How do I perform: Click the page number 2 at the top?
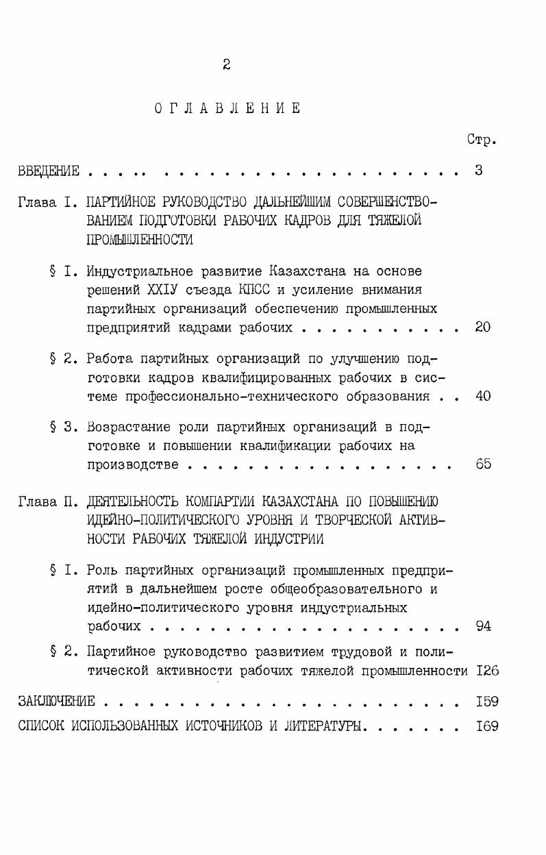pyautogui.click(x=226, y=65)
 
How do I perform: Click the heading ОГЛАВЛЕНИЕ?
pyautogui.click(x=227, y=108)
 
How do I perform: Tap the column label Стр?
pyautogui.click(x=482, y=140)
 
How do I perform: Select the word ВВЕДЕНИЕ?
pyautogui.click(x=49, y=171)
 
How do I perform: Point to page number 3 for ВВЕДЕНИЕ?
pyautogui.click(x=480, y=171)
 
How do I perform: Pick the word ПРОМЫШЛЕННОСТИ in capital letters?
pyautogui.click(x=140, y=240)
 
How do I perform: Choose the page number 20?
pyautogui.click(x=482, y=327)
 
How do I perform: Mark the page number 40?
pyautogui.click(x=483, y=396)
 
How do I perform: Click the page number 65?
pyautogui.click(x=483, y=464)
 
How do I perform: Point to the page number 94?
pyautogui.click(x=483, y=625)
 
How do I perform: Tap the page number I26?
pyautogui.click(x=487, y=670)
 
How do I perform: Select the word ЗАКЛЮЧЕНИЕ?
pyautogui.click(x=56, y=702)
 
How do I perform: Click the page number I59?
pyautogui.click(x=487, y=702)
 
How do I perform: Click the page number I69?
pyautogui.click(x=487, y=726)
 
